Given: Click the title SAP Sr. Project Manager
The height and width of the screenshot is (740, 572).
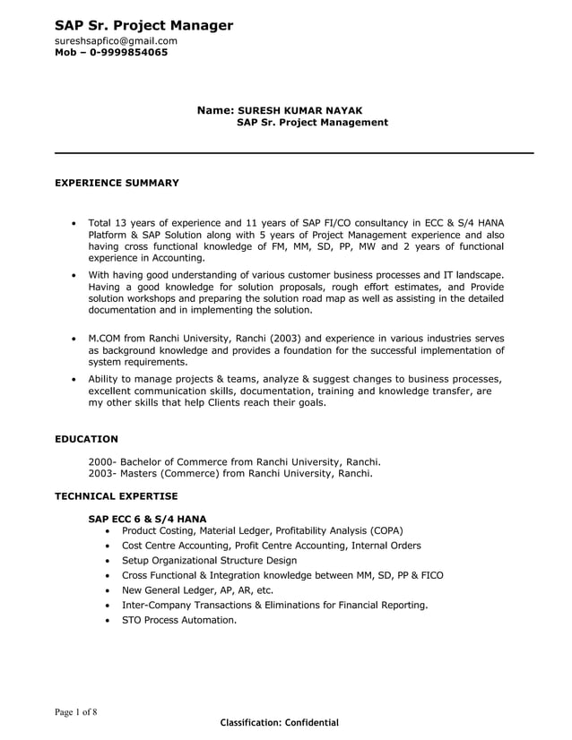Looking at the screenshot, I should click(x=143, y=25).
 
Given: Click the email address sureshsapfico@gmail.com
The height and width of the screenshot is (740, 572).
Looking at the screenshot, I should click(x=116, y=40).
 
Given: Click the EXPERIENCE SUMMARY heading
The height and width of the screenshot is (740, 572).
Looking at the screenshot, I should click(x=117, y=183).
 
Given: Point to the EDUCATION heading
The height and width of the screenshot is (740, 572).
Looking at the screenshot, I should click(x=86, y=439).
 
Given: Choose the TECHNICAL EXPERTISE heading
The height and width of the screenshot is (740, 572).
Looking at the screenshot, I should click(x=116, y=495).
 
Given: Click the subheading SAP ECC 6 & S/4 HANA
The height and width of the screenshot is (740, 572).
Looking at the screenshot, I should click(x=147, y=518).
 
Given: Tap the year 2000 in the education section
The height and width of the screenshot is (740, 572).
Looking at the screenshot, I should click(x=100, y=462).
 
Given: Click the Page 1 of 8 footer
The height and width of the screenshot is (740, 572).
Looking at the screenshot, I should click(x=75, y=712).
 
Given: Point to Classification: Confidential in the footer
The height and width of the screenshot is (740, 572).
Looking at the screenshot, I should click(x=280, y=722).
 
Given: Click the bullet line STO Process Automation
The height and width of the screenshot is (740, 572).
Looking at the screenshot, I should click(x=179, y=620).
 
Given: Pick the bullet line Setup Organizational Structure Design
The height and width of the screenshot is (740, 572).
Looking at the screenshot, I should click(x=209, y=560).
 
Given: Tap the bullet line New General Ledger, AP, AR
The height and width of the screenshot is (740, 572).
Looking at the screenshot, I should click(x=197, y=590).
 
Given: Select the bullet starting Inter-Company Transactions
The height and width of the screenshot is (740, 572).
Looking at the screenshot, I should click(x=274, y=605).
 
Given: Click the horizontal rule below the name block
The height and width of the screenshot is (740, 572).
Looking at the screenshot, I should click(x=294, y=153).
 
